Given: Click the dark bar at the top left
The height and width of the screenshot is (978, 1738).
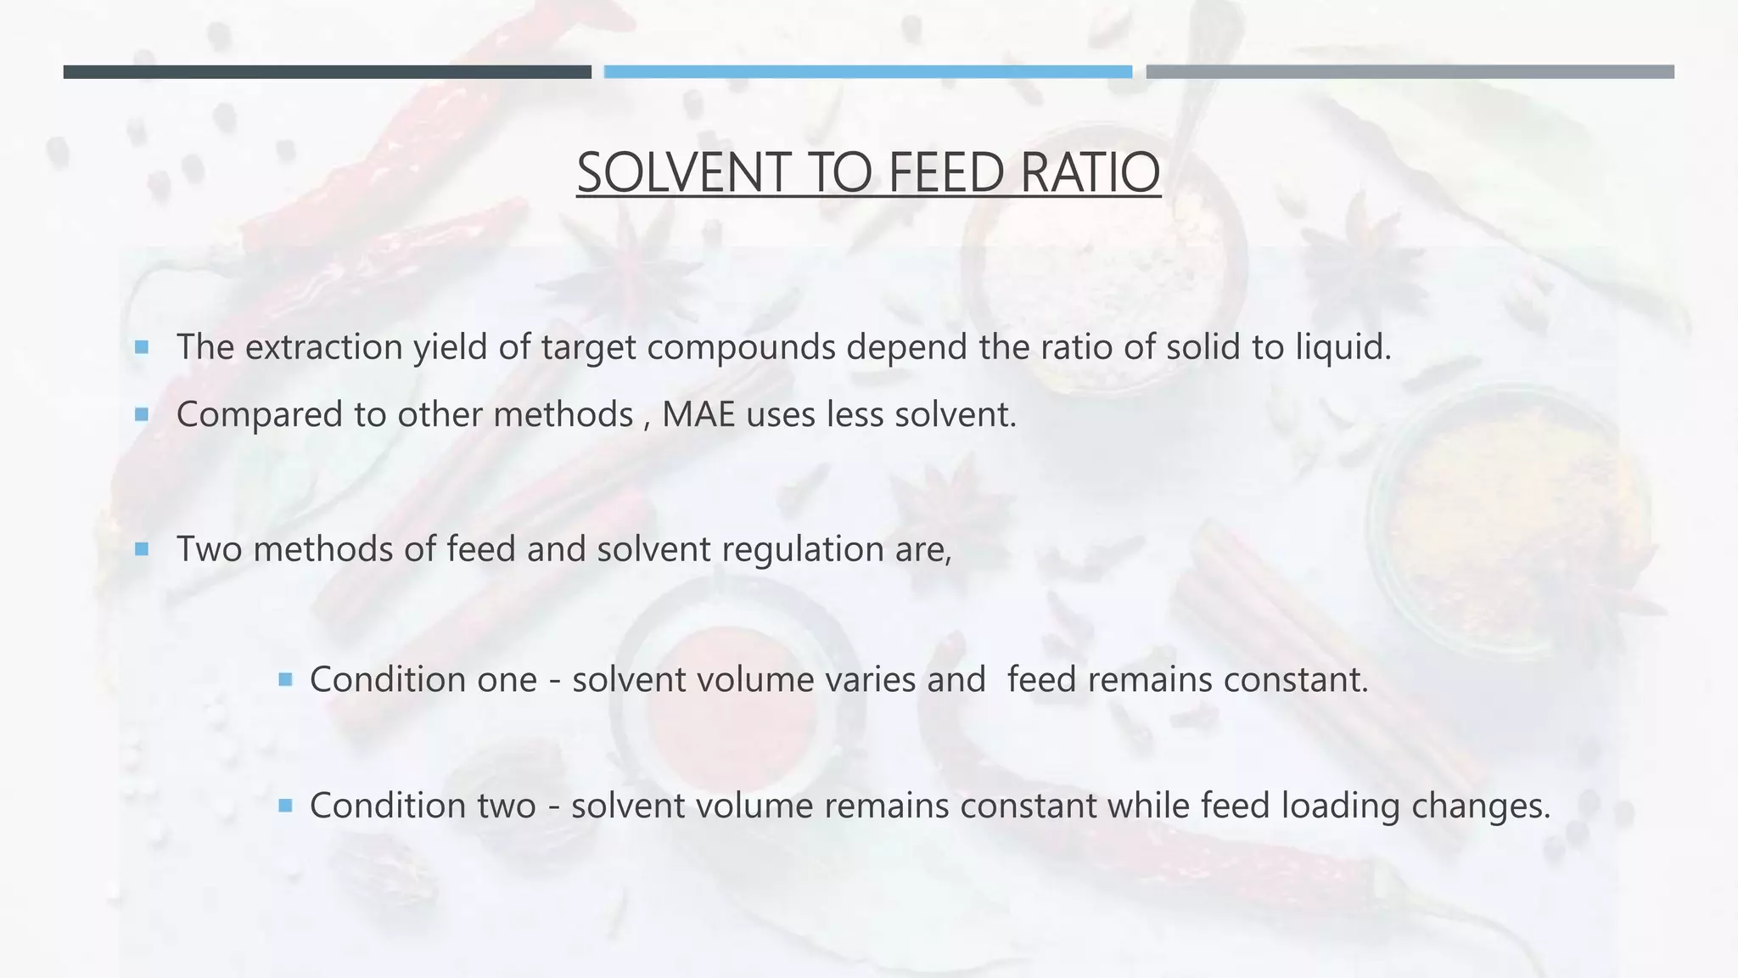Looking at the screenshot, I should pos(327,72).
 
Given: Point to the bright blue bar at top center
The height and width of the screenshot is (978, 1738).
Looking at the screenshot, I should pos(867,72).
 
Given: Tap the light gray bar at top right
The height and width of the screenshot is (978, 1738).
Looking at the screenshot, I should pos(1410,72).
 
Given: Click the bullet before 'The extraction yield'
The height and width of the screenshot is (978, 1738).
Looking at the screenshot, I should pos(142,347).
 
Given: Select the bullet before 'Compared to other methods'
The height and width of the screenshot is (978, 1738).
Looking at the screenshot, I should pos(142,414).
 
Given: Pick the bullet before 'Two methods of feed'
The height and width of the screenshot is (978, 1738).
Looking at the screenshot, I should pos(142,549).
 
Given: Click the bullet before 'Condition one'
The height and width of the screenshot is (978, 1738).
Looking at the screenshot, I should pos(285,679).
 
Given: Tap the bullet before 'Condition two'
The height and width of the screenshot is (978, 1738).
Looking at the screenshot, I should pos(285,805).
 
